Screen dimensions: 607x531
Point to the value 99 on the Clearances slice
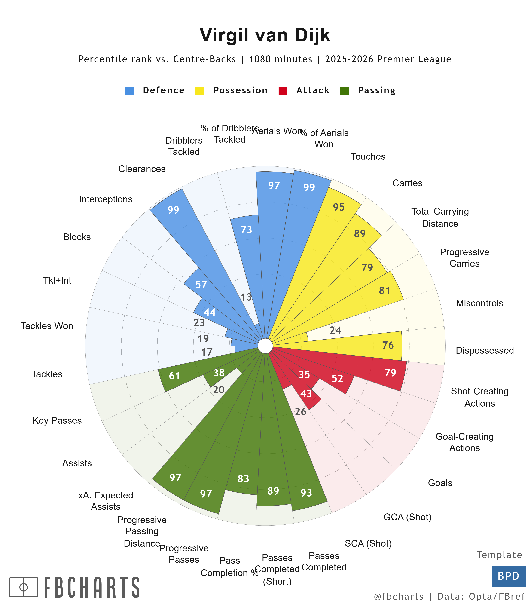173,210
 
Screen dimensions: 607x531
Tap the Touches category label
368,156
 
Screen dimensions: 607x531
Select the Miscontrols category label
479,303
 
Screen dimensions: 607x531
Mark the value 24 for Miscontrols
335,330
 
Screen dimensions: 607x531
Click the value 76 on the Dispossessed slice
388,345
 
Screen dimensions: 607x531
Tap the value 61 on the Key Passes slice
174,376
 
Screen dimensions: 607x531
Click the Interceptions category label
106,199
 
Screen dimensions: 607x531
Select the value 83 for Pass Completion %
243,479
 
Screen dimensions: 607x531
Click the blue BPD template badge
509,576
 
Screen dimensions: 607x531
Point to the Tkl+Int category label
57,280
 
